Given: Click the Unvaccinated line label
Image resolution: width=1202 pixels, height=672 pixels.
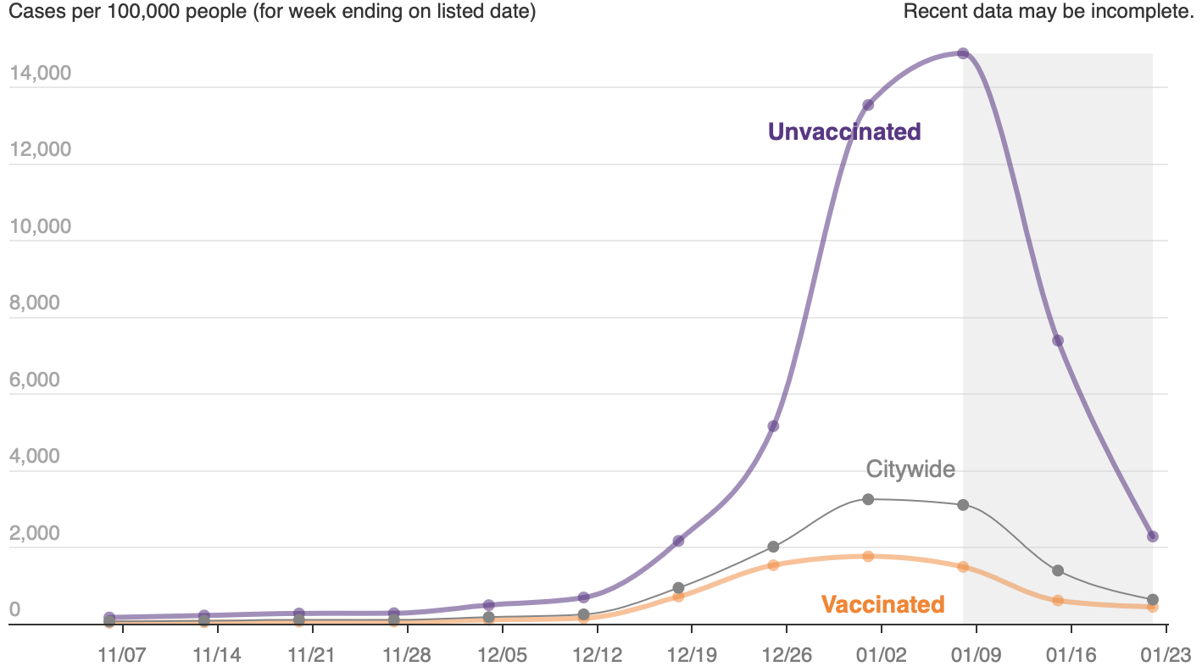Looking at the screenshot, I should [843, 131].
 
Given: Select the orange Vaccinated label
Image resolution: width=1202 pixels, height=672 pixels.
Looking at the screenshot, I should [882, 604].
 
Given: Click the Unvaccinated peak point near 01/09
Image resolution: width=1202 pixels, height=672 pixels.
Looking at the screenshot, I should [963, 53].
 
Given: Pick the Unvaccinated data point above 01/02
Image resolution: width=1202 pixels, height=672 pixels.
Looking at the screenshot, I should [868, 105].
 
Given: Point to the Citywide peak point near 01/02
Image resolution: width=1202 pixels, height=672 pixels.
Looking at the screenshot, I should [868, 499].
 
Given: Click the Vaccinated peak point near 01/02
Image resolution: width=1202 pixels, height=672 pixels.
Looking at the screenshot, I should [868, 556].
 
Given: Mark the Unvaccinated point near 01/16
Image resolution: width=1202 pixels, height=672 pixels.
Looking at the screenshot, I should [1058, 341].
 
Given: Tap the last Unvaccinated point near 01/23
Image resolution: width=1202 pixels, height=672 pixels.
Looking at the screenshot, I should [1153, 536].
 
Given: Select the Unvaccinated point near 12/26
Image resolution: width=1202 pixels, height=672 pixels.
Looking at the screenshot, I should [773, 426].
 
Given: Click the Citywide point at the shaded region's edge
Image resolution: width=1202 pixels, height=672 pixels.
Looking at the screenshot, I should [963, 505].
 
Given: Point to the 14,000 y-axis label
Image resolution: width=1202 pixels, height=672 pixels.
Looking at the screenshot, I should [40, 74].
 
